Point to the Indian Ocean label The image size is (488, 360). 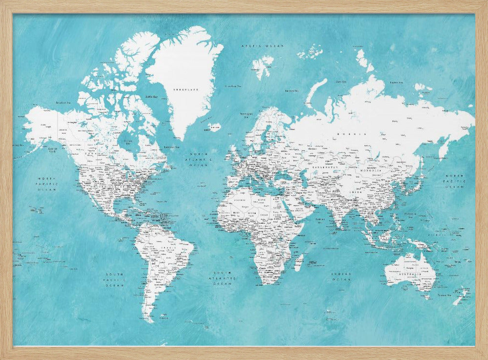point(341,277)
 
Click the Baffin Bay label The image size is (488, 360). point(151,97)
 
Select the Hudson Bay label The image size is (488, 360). point(128,142)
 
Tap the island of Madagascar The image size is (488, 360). point(298,262)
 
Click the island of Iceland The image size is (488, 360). point(213,127)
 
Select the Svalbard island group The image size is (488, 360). point(263,66)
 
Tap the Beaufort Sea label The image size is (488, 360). point(64,103)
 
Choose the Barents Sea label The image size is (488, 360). point(291,90)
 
